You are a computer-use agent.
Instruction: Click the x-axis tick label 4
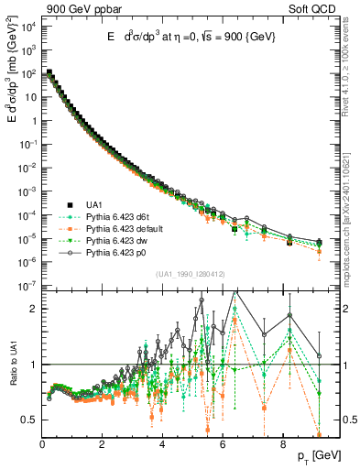click(x=162, y=444)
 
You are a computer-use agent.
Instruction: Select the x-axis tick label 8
click(x=282, y=444)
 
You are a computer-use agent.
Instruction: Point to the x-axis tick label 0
click(x=42, y=444)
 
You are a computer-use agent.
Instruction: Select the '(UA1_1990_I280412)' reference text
click(x=190, y=274)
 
